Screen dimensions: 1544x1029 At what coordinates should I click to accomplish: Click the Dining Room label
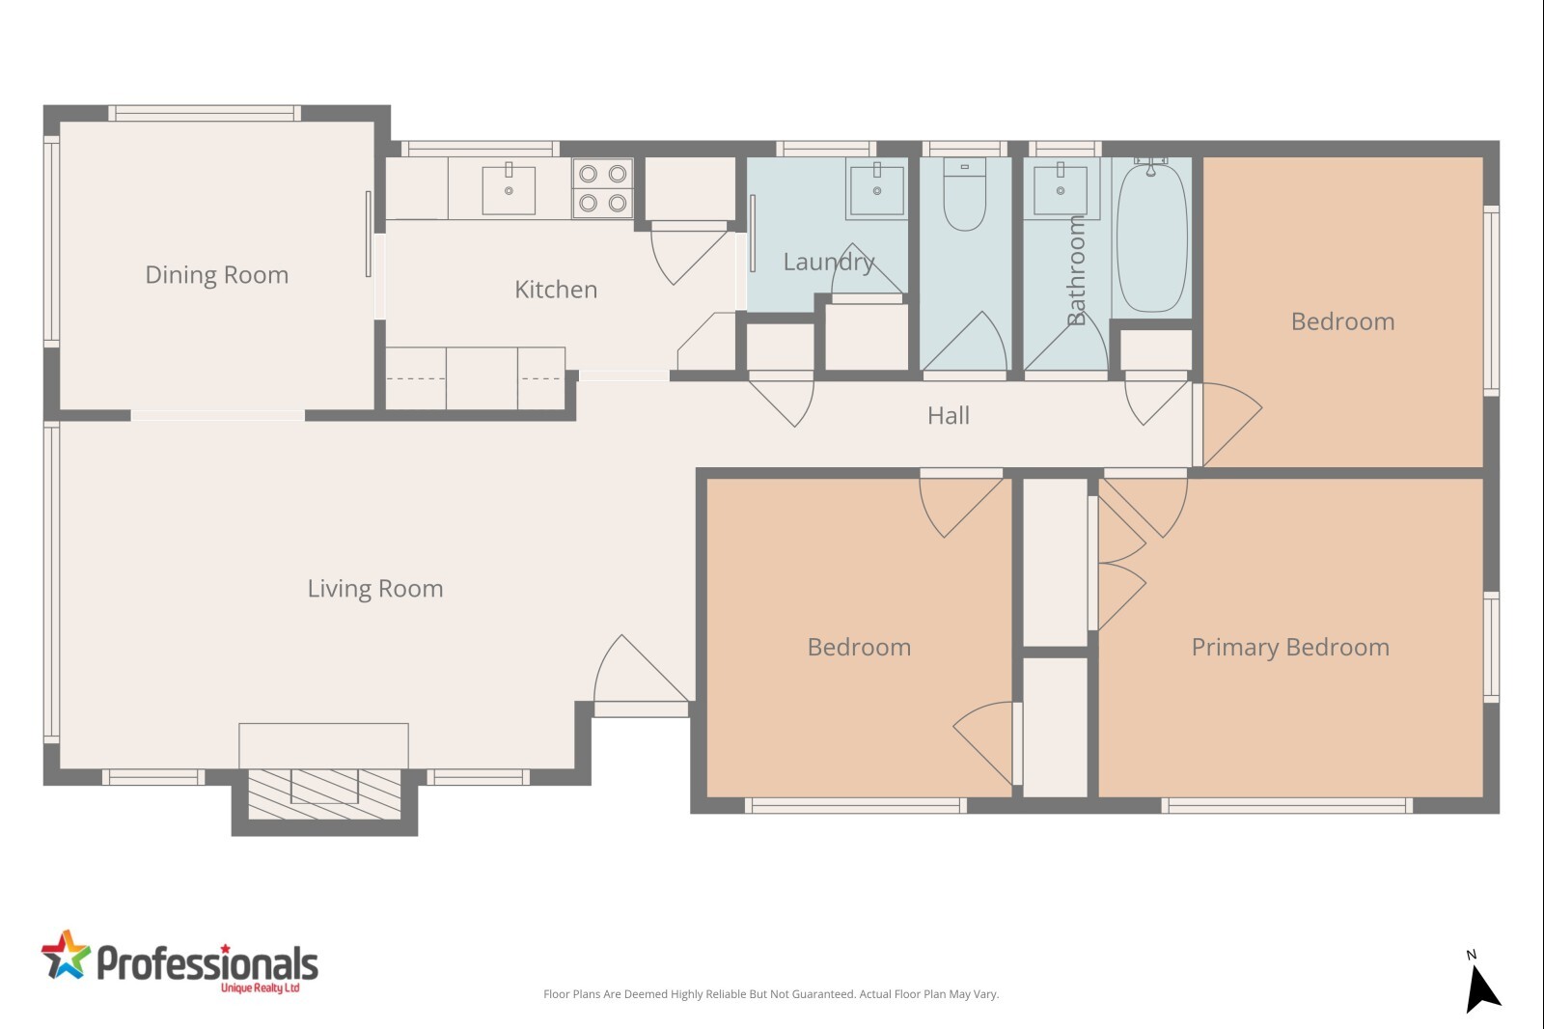[x=216, y=274]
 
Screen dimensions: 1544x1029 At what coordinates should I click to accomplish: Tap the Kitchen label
[x=556, y=289]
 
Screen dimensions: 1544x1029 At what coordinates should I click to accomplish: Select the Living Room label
[x=375, y=588]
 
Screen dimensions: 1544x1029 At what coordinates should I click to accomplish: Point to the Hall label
[x=949, y=415]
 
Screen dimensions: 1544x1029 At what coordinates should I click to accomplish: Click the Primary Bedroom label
[x=1290, y=647]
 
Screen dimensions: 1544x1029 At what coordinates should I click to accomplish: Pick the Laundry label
[x=829, y=262]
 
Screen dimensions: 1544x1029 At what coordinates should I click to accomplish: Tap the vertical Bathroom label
[x=1075, y=270]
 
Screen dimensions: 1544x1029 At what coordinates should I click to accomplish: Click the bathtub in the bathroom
[x=1151, y=236]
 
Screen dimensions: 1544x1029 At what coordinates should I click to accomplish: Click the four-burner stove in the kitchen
[x=602, y=188]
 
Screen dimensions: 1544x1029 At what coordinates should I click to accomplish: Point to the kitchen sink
[x=509, y=189]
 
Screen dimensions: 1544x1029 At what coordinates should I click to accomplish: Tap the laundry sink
[x=877, y=188]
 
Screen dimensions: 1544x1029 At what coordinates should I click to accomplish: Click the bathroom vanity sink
[x=1061, y=189]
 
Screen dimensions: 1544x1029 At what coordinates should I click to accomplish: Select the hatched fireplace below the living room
[x=324, y=793]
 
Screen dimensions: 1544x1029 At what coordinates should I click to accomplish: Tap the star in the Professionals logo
[x=66, y=955]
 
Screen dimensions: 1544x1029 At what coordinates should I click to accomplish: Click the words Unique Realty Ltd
[x=260, y=987]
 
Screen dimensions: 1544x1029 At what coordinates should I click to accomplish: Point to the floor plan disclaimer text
[x=771, y=994]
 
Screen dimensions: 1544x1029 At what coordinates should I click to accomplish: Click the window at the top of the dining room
[x=205, y=113]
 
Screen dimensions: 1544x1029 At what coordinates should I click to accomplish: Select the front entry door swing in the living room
[x=641, y=669]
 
